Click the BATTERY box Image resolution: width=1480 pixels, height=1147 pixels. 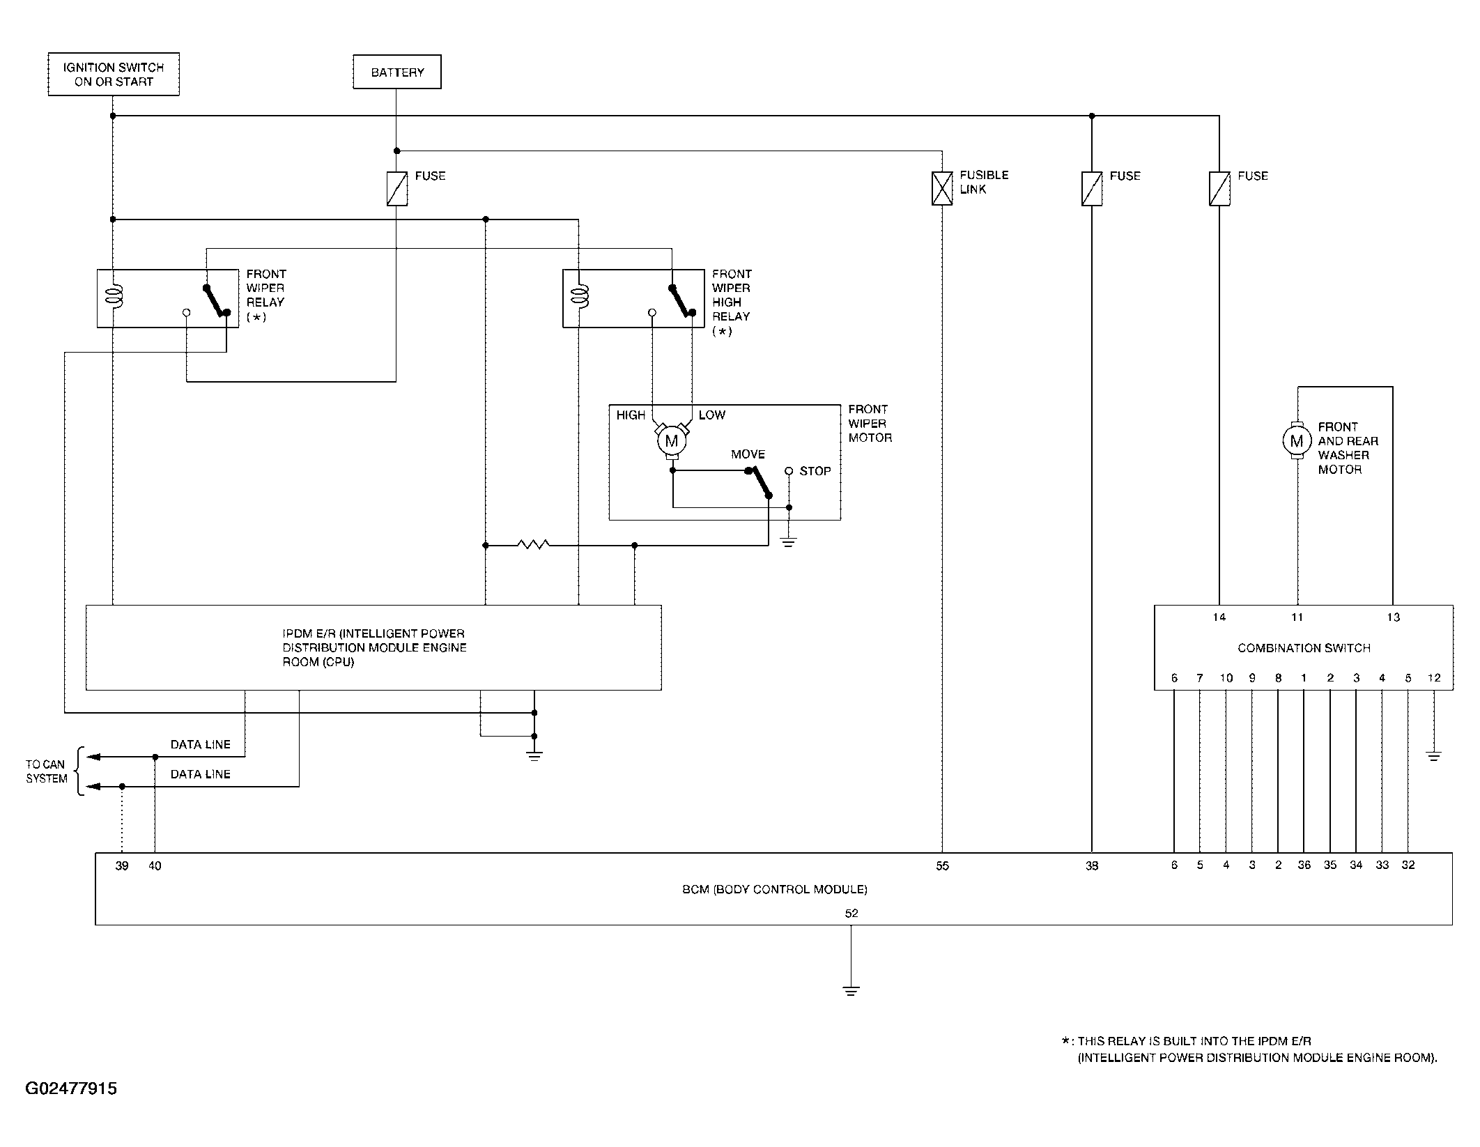[x=397, y=72]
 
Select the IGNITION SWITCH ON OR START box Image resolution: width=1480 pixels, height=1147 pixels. [x=114, y=74]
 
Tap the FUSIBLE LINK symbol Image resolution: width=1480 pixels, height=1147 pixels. [x=942, y=189]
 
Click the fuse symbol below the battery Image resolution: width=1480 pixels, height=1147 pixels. [x=397, y=189]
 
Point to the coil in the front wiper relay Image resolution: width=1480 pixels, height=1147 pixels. [x=112, y=295]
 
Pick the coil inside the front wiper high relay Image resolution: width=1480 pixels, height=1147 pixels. [x=578, y=295]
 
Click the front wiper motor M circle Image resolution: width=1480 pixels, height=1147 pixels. [x=672, y=441]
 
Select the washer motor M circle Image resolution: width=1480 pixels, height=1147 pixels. [x=1297, y=440]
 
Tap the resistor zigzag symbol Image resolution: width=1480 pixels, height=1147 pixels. [x=534, y=545]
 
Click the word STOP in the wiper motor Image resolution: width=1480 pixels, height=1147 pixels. [x=815, y=471]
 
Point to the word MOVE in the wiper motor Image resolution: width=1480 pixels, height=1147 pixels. [x=748, y=454]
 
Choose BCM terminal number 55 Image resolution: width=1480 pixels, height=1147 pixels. [x=942, y=865]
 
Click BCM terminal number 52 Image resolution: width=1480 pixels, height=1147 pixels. [x=851, y=913]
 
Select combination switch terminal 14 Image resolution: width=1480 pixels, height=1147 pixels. [x=1219, y=617]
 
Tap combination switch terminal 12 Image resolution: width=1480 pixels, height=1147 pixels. [x=1433, y=677]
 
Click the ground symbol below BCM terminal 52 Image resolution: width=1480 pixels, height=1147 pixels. [x=851, y=990]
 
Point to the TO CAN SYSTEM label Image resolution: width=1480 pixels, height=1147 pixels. [x=46, y=771]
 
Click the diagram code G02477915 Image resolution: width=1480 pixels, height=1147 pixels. [x=71, y=1088]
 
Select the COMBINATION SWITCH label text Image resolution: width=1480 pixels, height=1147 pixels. [x=1304, y=648]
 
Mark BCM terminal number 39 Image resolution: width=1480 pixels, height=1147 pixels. [x=122, y=865]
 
